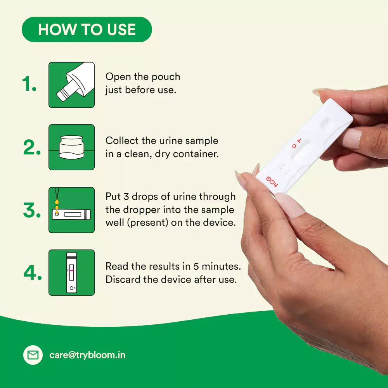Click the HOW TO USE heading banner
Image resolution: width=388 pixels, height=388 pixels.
pos(87,29)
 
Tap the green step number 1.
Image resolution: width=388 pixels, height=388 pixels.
pos(29,85)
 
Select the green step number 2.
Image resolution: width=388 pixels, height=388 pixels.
pos(31,147)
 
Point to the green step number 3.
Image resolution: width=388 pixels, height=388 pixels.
pos(31,210)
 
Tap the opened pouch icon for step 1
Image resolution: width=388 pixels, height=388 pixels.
pos(71,85)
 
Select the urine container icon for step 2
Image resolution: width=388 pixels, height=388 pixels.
pos(71,147)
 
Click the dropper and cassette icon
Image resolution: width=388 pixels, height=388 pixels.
pos(71,210)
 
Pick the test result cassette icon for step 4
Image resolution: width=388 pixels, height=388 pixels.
pos(71,272)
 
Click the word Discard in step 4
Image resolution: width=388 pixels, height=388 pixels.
pos(123,279)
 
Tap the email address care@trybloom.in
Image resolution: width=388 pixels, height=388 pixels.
pos(87,355)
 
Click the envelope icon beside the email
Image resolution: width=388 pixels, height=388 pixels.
pos(33,355)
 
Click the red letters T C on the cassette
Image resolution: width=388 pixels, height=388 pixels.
pos(296,143)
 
